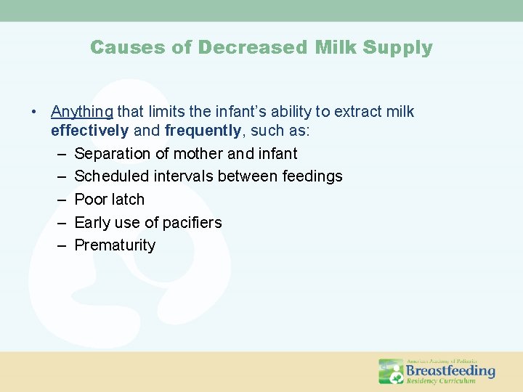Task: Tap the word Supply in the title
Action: [397, 48]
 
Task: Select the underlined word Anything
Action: [81, 112]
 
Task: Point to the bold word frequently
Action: [203, 131]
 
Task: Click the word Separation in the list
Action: [112, 154]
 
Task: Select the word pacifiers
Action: [190, 222]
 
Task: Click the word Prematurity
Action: [115, 245]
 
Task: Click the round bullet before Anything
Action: [34, 113]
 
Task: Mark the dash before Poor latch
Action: [60, 200]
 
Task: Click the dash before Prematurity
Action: [60, 245]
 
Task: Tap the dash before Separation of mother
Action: [60, 154]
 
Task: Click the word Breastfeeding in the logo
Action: [450, 371]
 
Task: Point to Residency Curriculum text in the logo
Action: [441, 381]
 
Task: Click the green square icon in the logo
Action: [392, 372]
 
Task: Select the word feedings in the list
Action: [313, 176]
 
